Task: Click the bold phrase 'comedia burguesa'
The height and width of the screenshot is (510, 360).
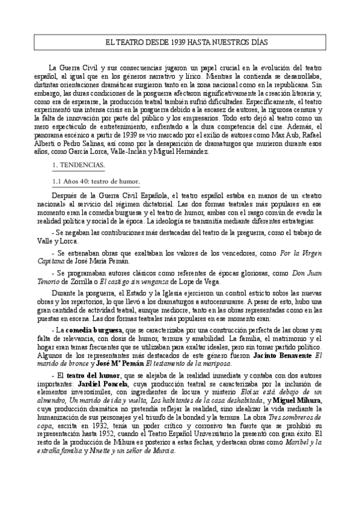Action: point(93,330)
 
